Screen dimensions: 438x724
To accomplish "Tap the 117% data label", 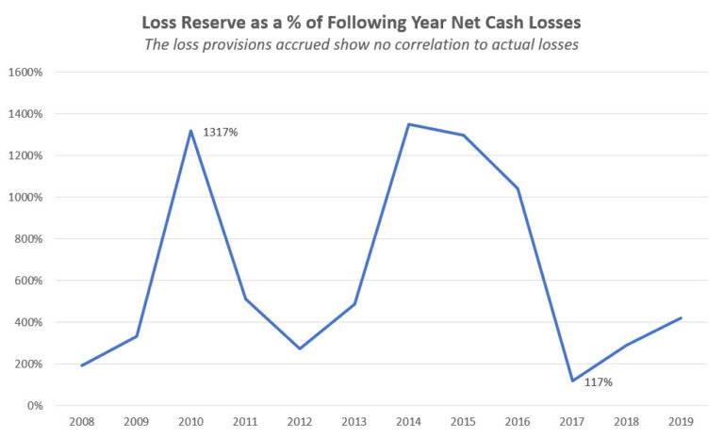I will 598,382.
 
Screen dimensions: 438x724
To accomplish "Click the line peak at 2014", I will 409,124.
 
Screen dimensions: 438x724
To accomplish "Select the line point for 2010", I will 191,131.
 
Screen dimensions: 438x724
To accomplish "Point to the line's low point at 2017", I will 571,381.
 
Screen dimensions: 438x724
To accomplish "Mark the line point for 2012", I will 301,349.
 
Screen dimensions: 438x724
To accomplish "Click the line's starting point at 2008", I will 83,365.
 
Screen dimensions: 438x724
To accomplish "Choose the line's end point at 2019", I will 681,317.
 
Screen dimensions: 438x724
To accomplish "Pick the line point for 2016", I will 518,188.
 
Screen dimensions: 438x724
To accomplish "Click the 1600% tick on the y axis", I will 29,73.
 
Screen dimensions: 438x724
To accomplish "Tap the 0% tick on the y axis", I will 37,406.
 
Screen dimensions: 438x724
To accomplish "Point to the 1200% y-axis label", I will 29,156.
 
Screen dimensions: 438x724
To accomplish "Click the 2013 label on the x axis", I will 354,422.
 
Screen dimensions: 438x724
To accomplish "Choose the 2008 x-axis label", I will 83,422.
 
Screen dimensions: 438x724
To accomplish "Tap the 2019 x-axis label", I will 681,422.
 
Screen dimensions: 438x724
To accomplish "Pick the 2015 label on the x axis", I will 463,422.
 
